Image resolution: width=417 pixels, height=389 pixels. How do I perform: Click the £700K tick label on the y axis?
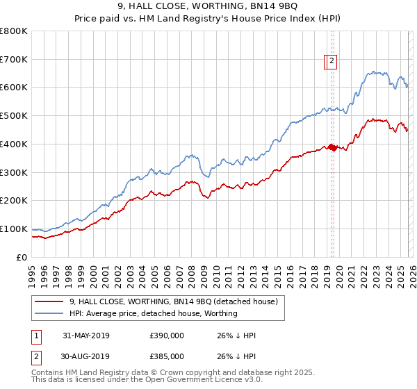pos(14,59)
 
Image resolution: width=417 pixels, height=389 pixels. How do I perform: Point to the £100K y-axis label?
pos(14,229)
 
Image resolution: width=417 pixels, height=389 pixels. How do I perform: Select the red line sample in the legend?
pos(49,301)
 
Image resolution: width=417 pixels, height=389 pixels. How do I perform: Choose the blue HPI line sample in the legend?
pos(49,313)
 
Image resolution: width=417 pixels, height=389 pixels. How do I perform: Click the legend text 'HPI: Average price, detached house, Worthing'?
pos(153,313)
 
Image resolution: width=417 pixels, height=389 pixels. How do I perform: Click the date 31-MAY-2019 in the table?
pos(86,336)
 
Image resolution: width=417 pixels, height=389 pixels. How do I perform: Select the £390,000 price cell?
pos(167,336)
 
